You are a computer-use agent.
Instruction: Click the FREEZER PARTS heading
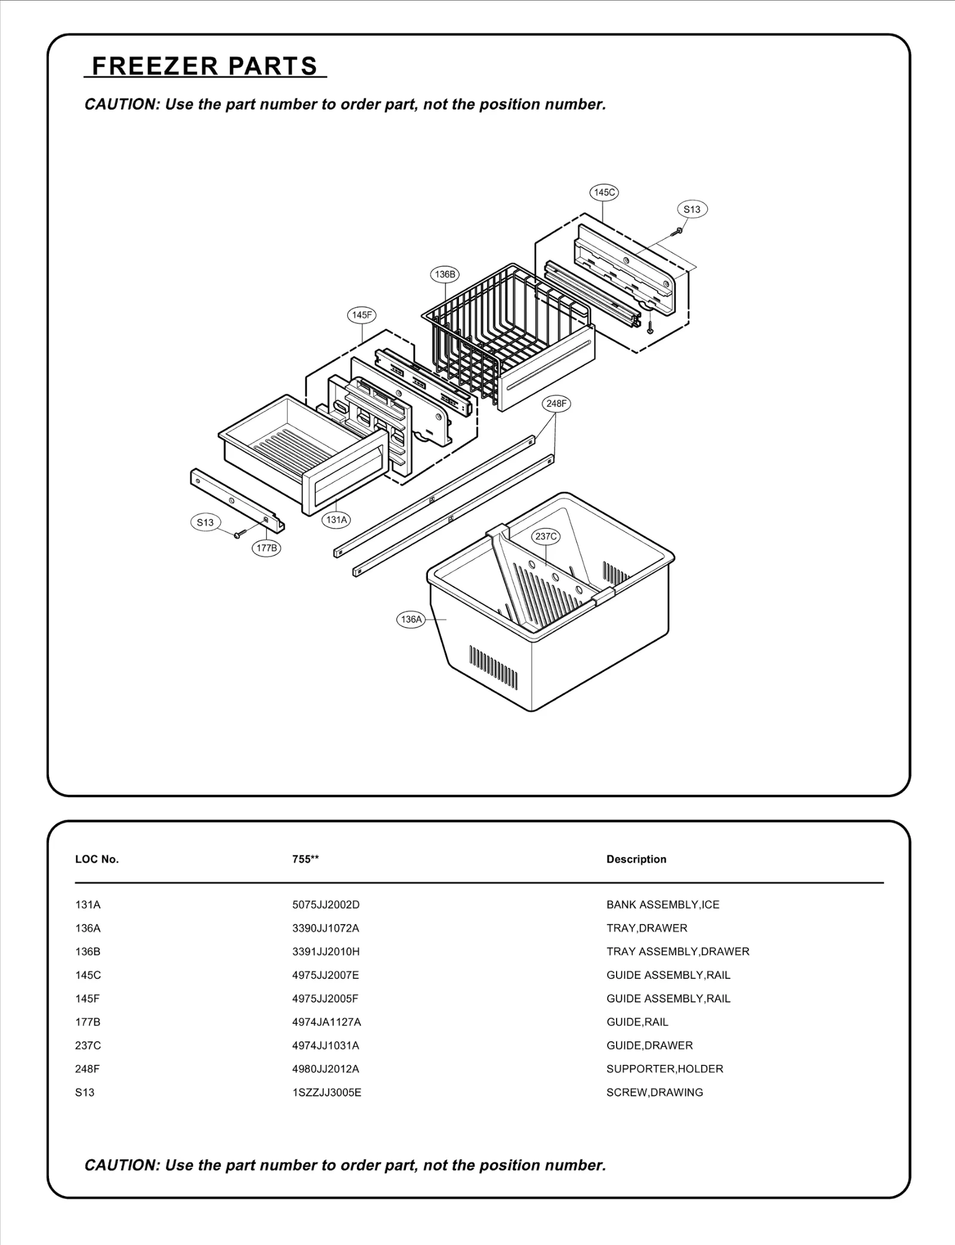(x=205, y=66)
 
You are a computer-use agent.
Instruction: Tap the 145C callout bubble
(x=603, y=192)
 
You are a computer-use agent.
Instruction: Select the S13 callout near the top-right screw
(x=692, y=209)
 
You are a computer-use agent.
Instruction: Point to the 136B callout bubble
(x=445, y=274)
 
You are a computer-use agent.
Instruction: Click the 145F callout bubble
(x=362, y=315)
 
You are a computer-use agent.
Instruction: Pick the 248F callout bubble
(x=556, y=404)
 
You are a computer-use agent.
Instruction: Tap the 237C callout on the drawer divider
(x=546, y=536)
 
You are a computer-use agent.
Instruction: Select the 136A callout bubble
(x=411, y=619)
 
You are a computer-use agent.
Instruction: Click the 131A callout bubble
(x=336, y=520)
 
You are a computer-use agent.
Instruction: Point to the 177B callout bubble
(x=266, y=548)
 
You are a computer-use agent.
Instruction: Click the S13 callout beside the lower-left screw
(x=205, y=523)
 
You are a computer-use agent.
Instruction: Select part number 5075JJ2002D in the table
(x=326, y=904)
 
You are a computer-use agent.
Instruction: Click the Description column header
(x=636, y=859)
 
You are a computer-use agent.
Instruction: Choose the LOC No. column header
(x=97, y=859)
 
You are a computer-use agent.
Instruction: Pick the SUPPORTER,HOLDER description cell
(x=664, y=1068)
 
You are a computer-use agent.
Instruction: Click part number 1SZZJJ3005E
(x=326, y=1092)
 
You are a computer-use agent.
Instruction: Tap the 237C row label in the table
(x=88, y=1045)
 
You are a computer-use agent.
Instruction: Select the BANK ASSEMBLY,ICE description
(x=663, y=904)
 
